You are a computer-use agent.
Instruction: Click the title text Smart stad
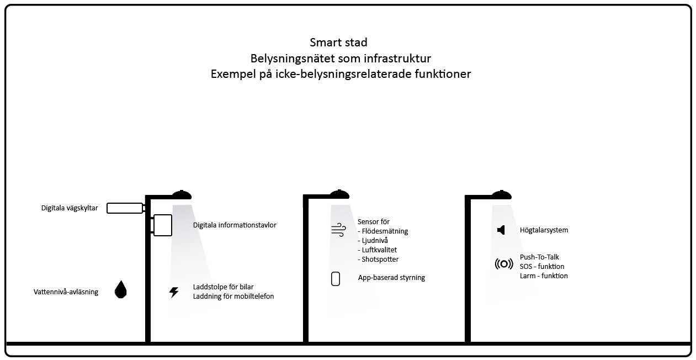click(x=338, y=43)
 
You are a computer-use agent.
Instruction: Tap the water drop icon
click(x=120, y=289)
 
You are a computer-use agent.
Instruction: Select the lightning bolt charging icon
click(x=174, y=292)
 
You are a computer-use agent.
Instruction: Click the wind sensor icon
click(x=339, y=230)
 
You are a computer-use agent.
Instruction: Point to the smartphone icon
click(x=336, y=279)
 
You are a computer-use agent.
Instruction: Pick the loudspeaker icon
click(x=501, y=230)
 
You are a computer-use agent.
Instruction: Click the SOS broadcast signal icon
click(x=504, y=264)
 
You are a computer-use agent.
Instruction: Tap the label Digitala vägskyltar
click(x=70, y=208)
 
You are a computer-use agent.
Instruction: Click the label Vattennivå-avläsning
click(x=66, y=292)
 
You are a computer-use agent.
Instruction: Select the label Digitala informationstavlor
click(x=235, y=225)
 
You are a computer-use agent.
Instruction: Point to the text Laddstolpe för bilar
click(x=223, y=287)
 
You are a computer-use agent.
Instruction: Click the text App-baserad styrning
click(x=391, y=278)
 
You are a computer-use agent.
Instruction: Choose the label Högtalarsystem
click(x=544, y=230)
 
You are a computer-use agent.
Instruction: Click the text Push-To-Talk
click(x=539, y=257)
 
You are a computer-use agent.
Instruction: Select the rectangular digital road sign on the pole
click(x=125, y=208)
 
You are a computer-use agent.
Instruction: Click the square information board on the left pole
click(x=162, y=225)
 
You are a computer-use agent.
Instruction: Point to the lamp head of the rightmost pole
click(x=502, y=195)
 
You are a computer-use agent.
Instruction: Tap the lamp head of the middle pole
click(x=339, y=194)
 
